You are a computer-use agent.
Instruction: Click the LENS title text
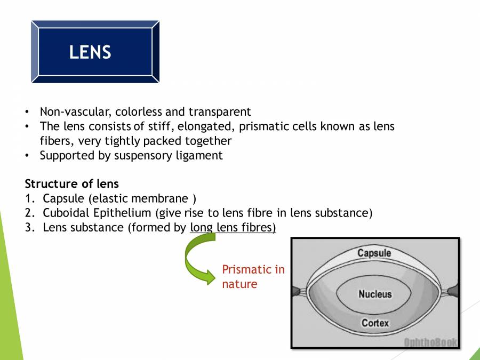coord(90,53)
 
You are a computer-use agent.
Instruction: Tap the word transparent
coord(219,112)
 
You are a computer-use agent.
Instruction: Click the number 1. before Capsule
coord(30,199)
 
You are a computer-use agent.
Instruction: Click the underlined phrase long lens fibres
coord(233,228)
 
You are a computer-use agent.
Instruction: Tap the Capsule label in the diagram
coord(374,253)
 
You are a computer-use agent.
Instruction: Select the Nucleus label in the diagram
coord(374,294)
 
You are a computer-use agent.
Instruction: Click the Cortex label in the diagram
coord(375,323)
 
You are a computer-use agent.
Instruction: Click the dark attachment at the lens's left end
coord(296,292)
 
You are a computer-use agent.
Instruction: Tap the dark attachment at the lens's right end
coord(453,292)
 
